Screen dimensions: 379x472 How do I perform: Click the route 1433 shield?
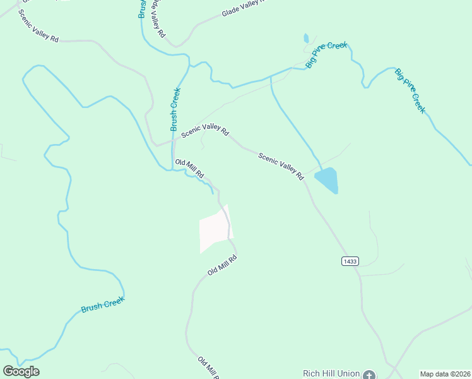pyautogui.click(x=350, y=261)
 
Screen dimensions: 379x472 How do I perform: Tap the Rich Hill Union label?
pyautogui.click(x=331, y=373)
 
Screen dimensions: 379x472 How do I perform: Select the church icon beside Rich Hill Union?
pyautogui.click(x=369, y=374)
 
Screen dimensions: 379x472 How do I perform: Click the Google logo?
pyautogui.click(x=21, y=371)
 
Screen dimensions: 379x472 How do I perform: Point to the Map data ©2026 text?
pyautogui.click(x=445, y=374)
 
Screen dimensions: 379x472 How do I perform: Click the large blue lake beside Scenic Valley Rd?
pyautogui.click(x=327, y=180)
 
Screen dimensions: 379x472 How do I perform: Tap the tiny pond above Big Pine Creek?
pyautogui.click(x=306, y=38)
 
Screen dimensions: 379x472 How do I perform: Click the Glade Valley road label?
pyautogui.click(x=243, y=9)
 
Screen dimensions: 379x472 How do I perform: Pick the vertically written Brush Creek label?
pyautogui.click(x=176, y=109)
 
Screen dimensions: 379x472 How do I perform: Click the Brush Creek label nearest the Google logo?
pyautogui.click(x=103, y=304)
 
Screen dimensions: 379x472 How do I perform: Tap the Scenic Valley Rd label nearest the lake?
pyautogui.click(x=281, y=166)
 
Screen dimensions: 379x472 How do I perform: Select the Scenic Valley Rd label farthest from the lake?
pyautogui.click(x=38, y=26)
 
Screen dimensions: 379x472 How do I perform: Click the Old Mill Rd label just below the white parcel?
pyautogui.click(x=222, y=265)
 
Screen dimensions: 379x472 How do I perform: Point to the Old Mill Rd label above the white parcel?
pyautogui.click(x=189, y=169)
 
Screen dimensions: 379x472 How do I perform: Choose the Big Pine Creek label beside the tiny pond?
pyautogui.click(x=327, y=55)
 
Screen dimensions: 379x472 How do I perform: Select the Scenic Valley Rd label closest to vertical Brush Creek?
pyautogui.click(x=205, y=130)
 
